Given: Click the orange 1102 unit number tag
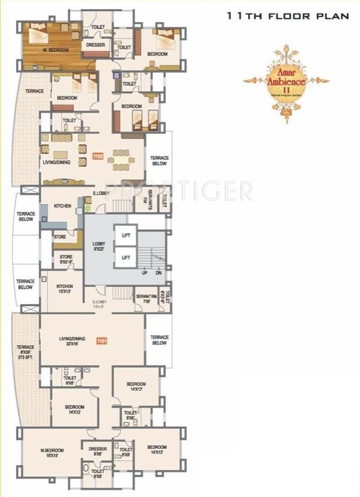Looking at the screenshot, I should [98, 155].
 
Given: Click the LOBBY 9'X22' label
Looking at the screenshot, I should [99, 246].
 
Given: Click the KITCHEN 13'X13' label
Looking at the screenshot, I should [65, 288].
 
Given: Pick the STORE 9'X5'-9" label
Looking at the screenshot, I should [66, 260].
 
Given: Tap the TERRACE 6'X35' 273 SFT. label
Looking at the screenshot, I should [25, 352].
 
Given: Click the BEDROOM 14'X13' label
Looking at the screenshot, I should [157, 450].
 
